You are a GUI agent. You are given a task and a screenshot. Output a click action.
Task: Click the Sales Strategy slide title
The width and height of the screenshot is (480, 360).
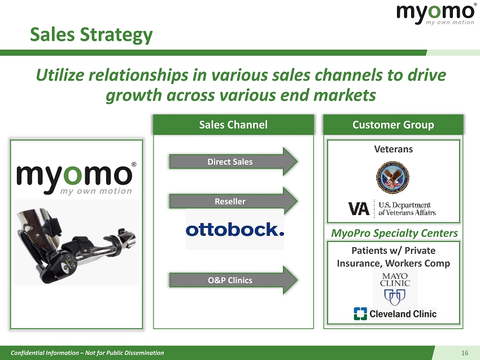pos(91,34)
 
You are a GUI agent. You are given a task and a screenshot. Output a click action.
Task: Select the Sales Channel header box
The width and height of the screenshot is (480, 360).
pos(233,125)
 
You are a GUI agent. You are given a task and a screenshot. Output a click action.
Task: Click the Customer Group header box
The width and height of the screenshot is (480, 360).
pos(394,125)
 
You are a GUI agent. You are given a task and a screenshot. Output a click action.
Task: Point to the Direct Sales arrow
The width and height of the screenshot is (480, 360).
pos(233,161)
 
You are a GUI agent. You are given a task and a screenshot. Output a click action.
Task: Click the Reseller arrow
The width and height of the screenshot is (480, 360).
pos(233,201)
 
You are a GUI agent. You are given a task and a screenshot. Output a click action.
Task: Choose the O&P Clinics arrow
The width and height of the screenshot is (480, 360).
pos(233,280)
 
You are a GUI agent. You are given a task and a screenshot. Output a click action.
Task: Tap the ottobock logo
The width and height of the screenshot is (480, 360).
pos(235,230)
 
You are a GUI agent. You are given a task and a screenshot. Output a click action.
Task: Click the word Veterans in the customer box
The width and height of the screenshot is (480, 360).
pos(394,150)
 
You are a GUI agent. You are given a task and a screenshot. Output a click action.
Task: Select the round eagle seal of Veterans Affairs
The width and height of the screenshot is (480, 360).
pos(392,177)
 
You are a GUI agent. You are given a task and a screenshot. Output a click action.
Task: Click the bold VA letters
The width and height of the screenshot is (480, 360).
pos(359,209)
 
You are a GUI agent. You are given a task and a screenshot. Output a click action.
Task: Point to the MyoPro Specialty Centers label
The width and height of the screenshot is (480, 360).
pos(394,233)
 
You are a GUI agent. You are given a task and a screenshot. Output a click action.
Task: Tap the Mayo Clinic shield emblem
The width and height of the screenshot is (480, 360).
pos(395,297)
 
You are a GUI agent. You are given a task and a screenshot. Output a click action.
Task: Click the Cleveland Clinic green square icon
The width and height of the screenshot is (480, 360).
pos(360,314)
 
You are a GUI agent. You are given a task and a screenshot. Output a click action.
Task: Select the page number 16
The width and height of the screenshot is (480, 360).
pos(465,353)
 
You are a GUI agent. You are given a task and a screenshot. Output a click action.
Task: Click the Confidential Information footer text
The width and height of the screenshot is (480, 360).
pos(87,353)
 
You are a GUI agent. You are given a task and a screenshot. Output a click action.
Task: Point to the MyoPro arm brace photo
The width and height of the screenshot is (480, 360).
pos(76,242)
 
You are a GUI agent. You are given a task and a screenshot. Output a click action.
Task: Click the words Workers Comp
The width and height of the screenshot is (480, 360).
pos(417,264)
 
